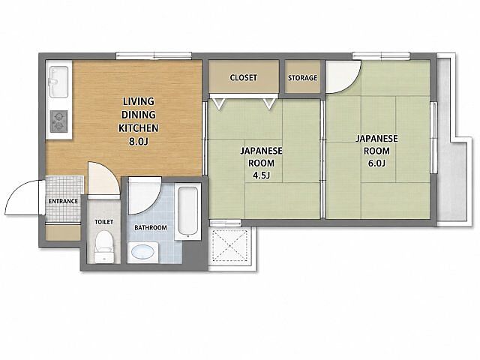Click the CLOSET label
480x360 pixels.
tap(243, 78)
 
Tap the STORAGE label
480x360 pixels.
tap(302, 78)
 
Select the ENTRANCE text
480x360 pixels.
tap(63, 201)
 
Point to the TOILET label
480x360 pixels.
tap(103, 222)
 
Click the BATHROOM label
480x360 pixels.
tap(151, 228)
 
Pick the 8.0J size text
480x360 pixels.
tap(138, 142)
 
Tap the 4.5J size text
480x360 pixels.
tap(261, 175)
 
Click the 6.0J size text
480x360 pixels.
tap(376, 163)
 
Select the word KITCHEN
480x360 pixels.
tap(138, 128)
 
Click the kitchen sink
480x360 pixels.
tap(58, 82)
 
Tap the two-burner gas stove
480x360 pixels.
tap(59, 121)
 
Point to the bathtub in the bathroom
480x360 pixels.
tap(187, 211)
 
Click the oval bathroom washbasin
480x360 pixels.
tap(142, 253)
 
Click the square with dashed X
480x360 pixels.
tap(230, 245)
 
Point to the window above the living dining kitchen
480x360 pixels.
tap(154, 55)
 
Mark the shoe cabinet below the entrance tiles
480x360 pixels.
tap(63, 232)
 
